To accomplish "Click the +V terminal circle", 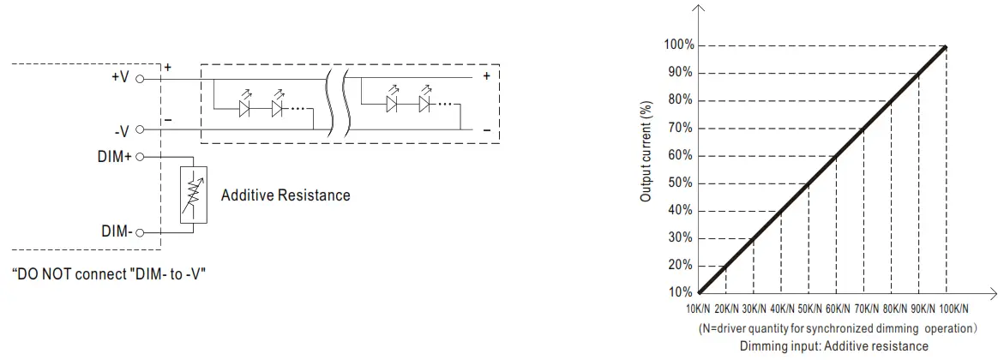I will (x=139, y=77).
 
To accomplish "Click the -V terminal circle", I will (x=139, y=130).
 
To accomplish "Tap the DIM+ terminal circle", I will (x=139, y=158).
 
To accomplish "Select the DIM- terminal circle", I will (x=139, y=232).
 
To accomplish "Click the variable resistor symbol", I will (x=193, y=195).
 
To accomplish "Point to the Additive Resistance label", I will (x=286, y=195).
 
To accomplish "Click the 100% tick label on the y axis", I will (x=678, y=45).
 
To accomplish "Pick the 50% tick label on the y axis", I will (x=680, y=183).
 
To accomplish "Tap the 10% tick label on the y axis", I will (x=680, y=293).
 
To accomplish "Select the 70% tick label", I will (x=680, y=129).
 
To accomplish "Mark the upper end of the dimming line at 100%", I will (x=946, y=46).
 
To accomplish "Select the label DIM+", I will (x=115, y=158).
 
